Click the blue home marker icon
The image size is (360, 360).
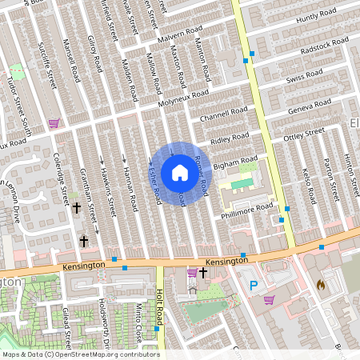(179, 172)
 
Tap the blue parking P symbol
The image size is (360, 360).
(254, 285)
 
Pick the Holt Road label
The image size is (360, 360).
(160, 309)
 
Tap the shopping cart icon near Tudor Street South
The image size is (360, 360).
(54, 123)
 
